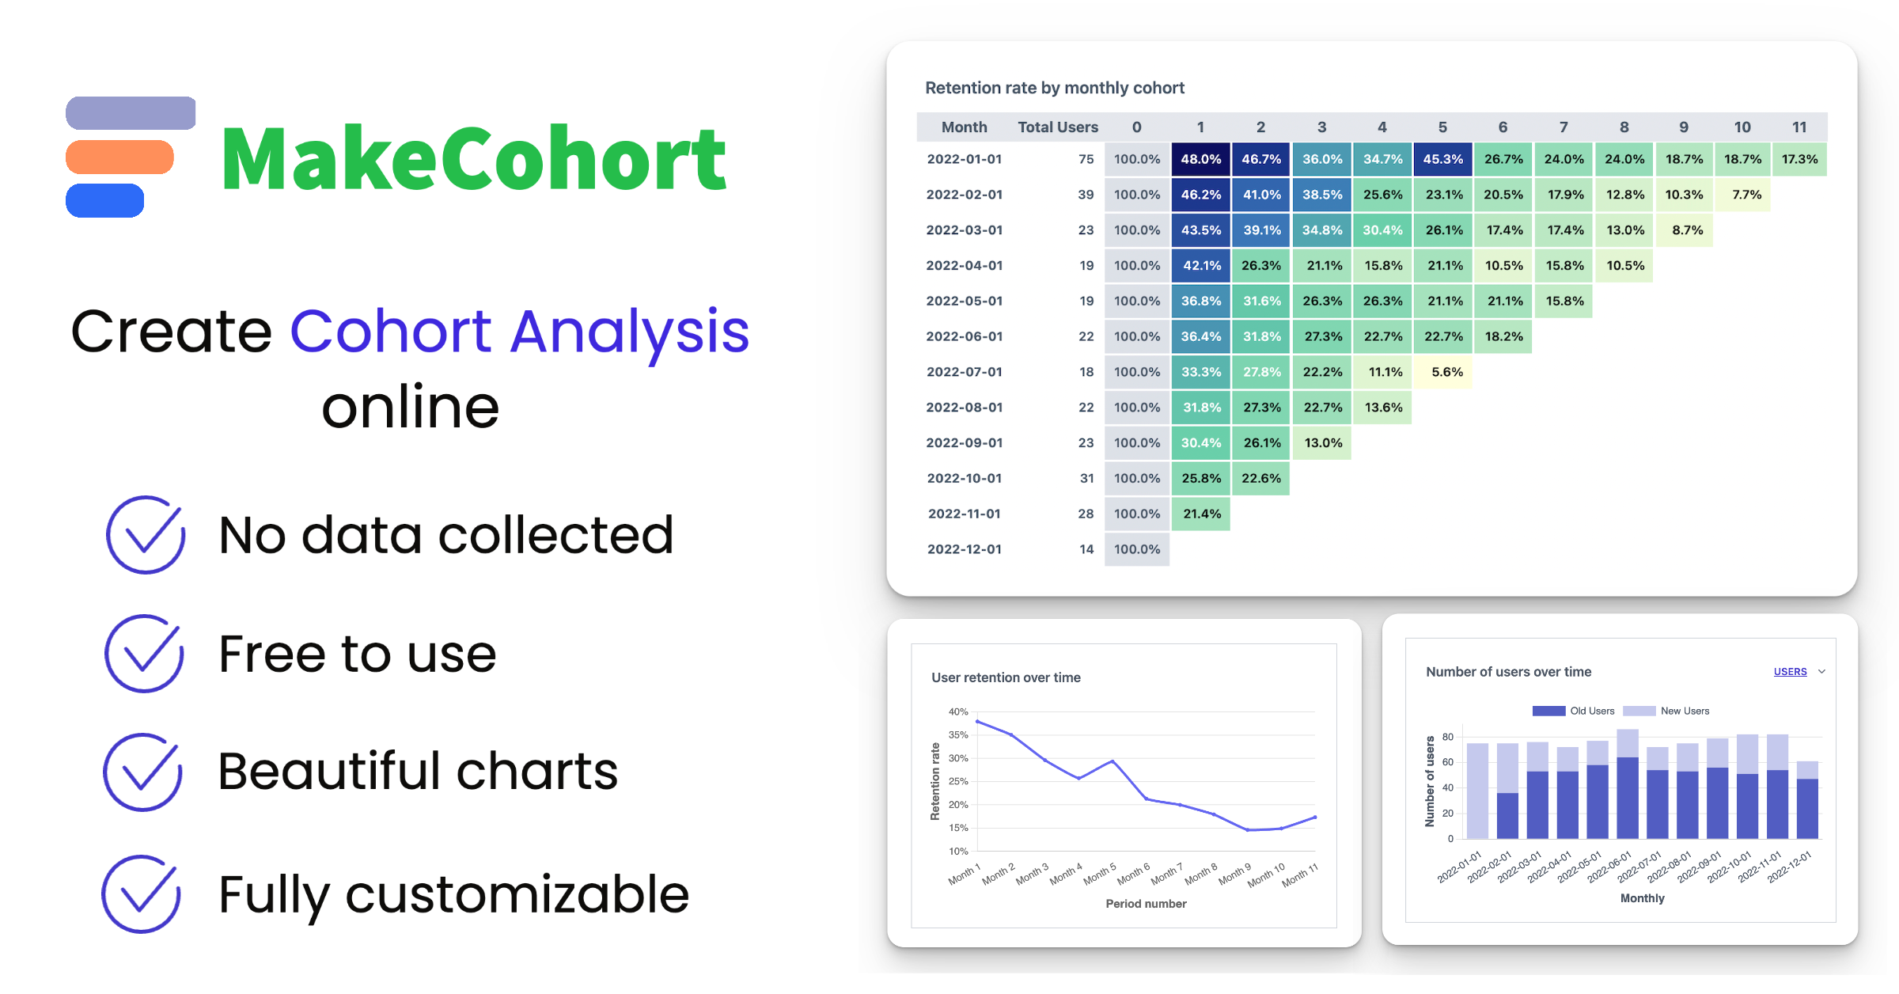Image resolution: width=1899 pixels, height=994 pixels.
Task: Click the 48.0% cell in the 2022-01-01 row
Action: pyautogui.click(x=1200, y=159)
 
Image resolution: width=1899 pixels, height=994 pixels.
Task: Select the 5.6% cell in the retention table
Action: pyautogui.click(x=1446, y=372)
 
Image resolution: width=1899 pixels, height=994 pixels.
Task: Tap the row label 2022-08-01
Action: pyautogui.click(x=965, y=408)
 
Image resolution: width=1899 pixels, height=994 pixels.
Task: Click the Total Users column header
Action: pyautogui.click(x=1057, y=127)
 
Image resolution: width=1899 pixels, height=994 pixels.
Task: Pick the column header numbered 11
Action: pyautogui.click(x=1799, y=127)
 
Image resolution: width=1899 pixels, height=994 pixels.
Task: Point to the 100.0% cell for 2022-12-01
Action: pyautogui.click(x=1137, y=549)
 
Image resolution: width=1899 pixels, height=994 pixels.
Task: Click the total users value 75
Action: pyautogui.click(x=1086, y=159)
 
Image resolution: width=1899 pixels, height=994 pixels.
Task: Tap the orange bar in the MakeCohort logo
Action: pyautogui.click(x=119, y=157)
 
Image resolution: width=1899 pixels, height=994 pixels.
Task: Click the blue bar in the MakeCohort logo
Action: pyautogui.click(x=105, y=200)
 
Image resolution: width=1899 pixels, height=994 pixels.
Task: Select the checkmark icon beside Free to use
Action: pyautogui.click(x=144, y=654)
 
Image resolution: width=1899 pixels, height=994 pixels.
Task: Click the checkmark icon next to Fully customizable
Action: pyautogui.click(x=141, y=894)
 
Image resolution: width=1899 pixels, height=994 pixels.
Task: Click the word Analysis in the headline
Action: pyautogui.click(x=630, y=331)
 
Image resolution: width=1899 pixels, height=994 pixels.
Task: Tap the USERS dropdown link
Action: pyautogui.click(x=1790, y=672)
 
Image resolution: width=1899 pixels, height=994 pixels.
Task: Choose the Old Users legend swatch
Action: pyautogui.click(x=1548, y=711)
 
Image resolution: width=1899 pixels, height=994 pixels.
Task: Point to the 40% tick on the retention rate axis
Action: pyautogui.click(x=958, y=711)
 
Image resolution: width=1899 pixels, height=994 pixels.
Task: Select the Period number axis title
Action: pyautogui.click(x=1146, y=904)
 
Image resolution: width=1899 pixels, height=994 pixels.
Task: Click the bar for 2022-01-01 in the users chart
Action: pyautogui.click(x=1477, y=791)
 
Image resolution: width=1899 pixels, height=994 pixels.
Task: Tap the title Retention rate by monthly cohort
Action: pyautogui.click(x=1054, y=88)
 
